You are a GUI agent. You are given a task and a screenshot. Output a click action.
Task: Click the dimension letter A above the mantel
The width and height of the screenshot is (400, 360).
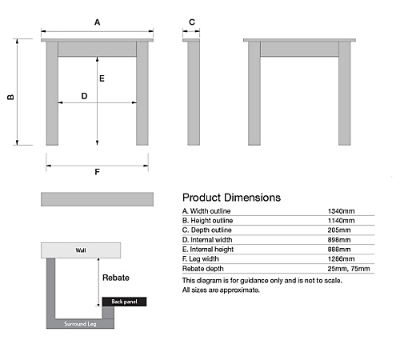click(x=97, y=22)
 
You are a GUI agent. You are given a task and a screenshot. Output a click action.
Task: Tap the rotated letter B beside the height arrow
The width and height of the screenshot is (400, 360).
click(x=10, y=97)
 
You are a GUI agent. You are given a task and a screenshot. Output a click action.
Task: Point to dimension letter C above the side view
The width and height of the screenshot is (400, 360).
click(x=192, y=22)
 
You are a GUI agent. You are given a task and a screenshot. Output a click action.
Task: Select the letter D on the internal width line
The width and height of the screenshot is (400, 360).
click(x=84, y=96)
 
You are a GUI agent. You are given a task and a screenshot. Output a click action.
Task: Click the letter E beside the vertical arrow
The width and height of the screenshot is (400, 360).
click(x=102, y=78)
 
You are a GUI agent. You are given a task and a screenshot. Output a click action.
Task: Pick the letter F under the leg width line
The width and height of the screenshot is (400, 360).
click(x=97, y=172)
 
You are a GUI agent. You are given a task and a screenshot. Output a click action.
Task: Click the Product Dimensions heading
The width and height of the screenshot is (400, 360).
click(x=231, y=198)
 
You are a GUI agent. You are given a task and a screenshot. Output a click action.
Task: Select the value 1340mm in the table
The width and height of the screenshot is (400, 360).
click(x=341, y=211)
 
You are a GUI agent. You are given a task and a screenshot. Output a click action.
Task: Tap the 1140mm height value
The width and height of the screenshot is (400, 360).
click(x=341, y=221)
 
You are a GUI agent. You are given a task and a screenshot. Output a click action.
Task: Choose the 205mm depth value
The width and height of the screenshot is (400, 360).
click(x=339, y=230)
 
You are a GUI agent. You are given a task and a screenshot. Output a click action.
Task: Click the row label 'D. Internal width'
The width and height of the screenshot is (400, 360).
click(x=207, y=240)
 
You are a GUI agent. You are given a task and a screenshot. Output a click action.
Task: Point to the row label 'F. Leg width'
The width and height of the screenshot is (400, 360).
click(x=201, y=259)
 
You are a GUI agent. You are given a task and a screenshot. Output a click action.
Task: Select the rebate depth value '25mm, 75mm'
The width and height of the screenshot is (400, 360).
click(x=349, y=269)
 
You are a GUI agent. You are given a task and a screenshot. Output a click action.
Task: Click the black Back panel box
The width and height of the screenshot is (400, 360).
click(x=124, y=302)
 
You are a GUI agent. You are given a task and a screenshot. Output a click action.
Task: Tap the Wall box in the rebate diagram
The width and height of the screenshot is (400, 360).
click(x=81, y=250)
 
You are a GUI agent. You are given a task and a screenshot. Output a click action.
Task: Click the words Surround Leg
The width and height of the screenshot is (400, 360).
click(x=80, y=324)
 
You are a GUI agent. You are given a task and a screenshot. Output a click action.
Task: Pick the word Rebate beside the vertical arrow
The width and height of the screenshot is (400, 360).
click(x=116, y=278)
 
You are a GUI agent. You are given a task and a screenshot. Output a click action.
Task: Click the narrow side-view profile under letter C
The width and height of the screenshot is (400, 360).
click(x=194, y=92)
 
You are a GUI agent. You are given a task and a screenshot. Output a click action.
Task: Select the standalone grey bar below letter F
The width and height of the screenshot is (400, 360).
click(x=97, y=199)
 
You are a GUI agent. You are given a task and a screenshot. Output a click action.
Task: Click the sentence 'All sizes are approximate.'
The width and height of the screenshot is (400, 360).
click(x=221, y=290)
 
